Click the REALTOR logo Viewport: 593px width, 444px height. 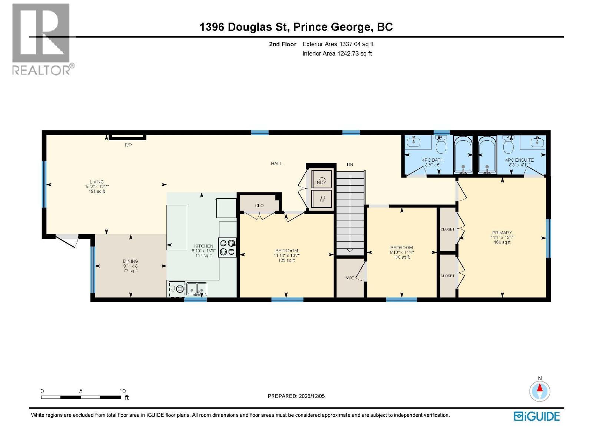[x=41, y=39]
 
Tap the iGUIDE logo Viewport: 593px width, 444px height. [x=537, y=416]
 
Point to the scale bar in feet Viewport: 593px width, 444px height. [x=81, y=397]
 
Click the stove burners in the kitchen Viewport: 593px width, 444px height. [x=228, y=247]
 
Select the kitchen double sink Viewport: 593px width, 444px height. [x=196, y=288]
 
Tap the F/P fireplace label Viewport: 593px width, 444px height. [x=128, y=145]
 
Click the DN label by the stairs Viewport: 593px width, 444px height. [x=350, y=165]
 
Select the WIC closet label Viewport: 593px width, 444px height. [x=350, y=278]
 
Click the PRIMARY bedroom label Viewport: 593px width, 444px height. [x=502, y=233]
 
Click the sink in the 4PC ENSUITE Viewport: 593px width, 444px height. [x=537, y=142]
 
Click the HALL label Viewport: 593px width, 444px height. [x=276, y=163]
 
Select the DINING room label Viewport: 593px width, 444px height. [x=130, y=261]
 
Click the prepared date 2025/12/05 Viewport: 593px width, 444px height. [x=296, y=396]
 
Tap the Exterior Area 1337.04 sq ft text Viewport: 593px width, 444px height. [x=338, y=44]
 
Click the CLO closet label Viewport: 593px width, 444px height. [x=259, y=205]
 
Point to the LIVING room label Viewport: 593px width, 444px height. [x=96, y=182]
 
